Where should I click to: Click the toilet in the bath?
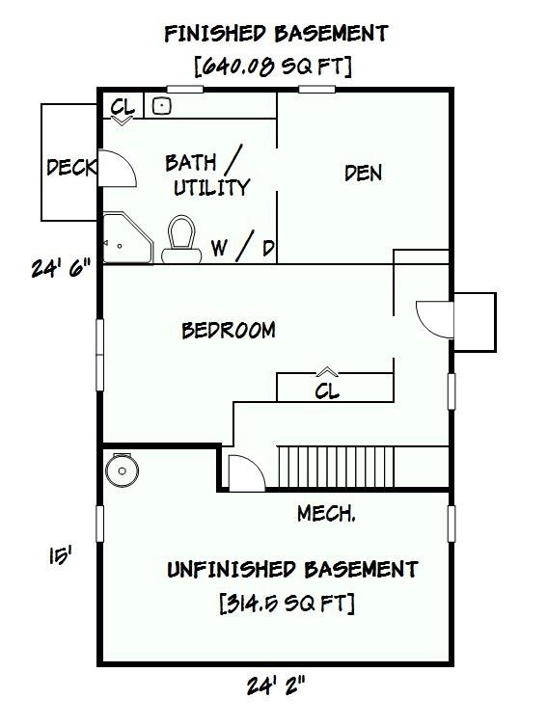click(x=181, y=240)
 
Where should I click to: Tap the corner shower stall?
click(x=127, y=238)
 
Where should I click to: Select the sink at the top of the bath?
click(x=162, y=106)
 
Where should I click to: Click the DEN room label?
click(x=363, y=174)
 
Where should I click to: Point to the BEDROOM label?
click(x=229, y=330)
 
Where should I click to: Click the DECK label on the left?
click(x=71, y=167)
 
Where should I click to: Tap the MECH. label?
click(x=326, y=514)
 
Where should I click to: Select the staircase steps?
click(x=336, y=467)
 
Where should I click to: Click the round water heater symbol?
click(x=122, y=470)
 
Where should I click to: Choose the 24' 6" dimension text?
click(x=61, y=268)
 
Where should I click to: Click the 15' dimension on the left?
click(x=61, y=555)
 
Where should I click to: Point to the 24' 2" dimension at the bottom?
click(x=276, y=686)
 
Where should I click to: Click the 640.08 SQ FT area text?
click(x=273, y=67)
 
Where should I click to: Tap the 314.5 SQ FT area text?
click(x=287, y=603)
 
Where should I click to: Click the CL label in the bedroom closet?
click(x=327, y=391)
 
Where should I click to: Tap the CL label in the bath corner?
click(x=123, y=107)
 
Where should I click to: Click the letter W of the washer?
click(x=219, y=248)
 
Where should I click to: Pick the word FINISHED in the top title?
click(x=215, y=34)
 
